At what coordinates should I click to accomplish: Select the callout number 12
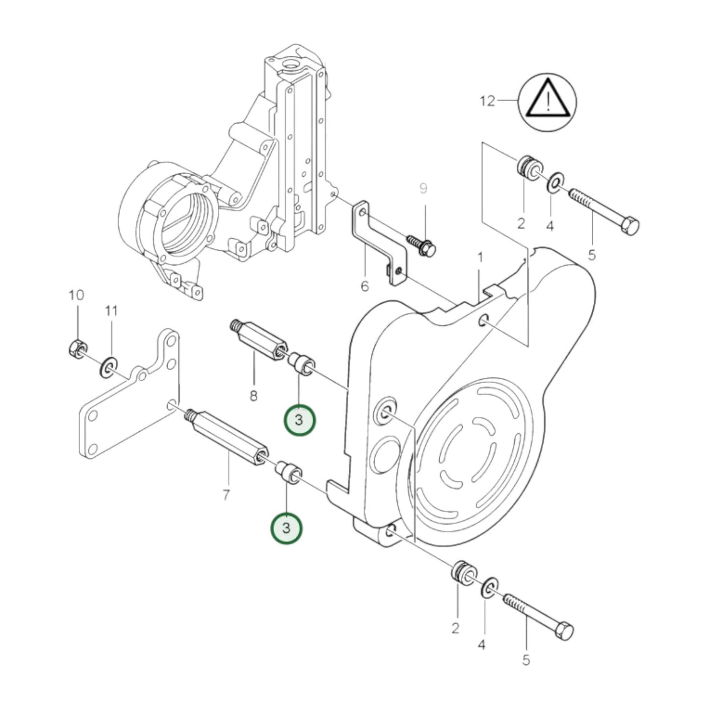tap(487, 101)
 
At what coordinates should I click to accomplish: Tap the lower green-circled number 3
tap(287, 528)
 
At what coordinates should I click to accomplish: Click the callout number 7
tap(226, 496)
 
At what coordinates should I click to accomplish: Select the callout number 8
tap(253, 395)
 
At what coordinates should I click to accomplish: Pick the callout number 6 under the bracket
tap(365, 286)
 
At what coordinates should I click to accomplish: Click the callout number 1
tap(480, 257)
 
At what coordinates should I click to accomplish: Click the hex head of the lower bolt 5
tap(564, 631)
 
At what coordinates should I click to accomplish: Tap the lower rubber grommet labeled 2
tap(462, 572)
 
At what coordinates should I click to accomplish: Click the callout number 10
tap(76, 295)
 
